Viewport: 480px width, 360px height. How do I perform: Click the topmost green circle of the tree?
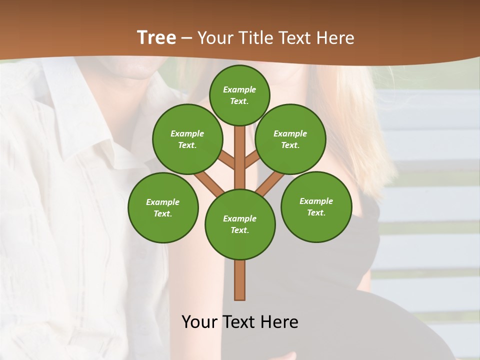coord(239,95)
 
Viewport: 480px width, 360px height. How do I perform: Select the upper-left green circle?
coord(187,139)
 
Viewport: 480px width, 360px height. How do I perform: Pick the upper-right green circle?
coord(290,139)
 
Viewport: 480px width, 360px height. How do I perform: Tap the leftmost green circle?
coord(163,207)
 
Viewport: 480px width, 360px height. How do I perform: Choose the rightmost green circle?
coord(316,206)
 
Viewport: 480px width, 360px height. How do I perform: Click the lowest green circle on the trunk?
coord(240,224)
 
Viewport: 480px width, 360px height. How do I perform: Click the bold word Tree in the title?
coord(156,37)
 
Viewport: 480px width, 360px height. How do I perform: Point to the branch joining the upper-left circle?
coord(227,161)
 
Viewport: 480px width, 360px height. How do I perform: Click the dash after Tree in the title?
coord(187,38)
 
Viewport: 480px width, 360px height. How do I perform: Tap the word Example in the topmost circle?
coord(239,89)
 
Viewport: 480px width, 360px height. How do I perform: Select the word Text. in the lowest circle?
coord(239,230)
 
